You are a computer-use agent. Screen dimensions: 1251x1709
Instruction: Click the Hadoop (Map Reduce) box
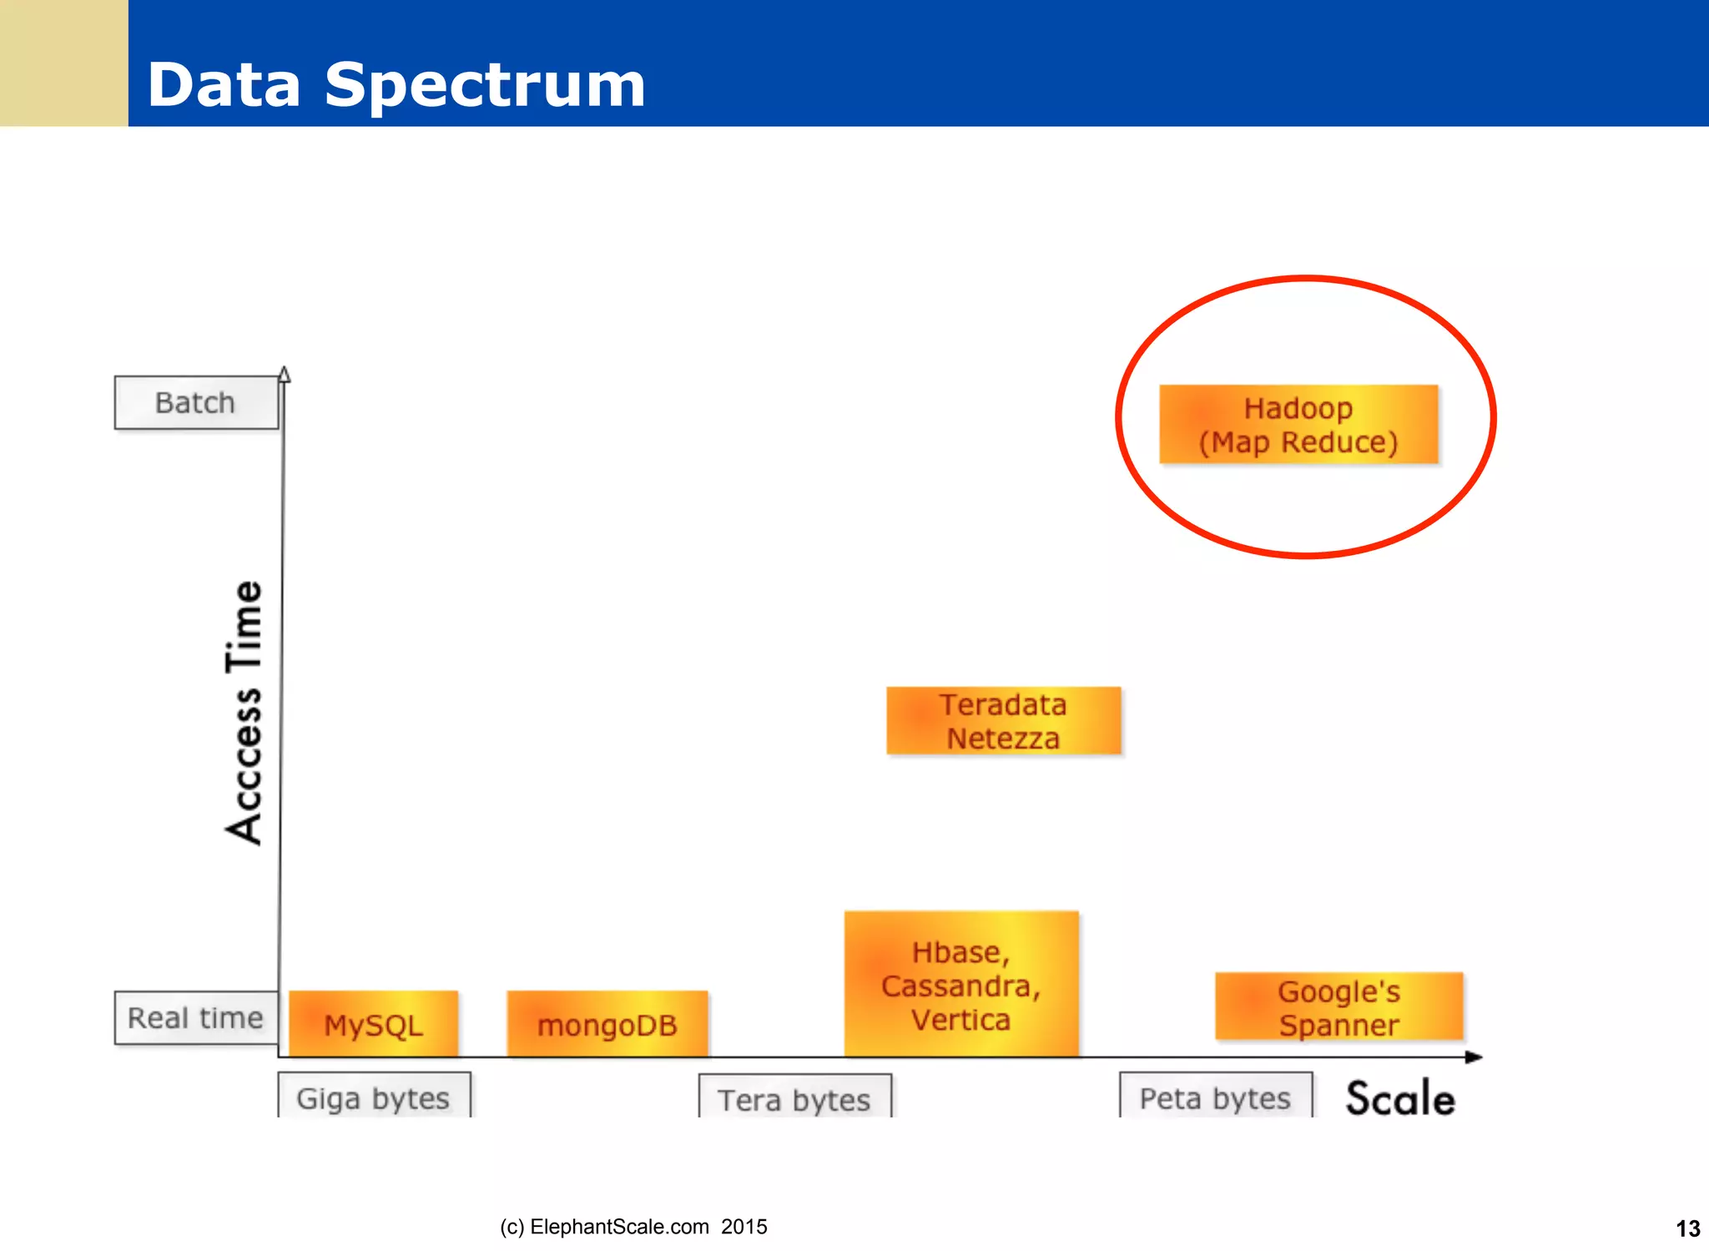1298,424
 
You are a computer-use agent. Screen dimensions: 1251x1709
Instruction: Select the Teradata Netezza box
1003,721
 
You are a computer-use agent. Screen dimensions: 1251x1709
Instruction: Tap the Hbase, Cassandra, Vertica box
961,985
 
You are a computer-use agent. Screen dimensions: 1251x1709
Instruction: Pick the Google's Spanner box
1338,1006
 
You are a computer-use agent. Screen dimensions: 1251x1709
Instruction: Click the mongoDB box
607,1024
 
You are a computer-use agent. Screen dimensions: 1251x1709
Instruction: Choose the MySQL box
373,1024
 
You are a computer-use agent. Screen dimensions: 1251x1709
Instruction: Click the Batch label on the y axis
196,403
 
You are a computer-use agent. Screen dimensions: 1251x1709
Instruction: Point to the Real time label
196,1018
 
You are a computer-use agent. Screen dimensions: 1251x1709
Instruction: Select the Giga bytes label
373,1097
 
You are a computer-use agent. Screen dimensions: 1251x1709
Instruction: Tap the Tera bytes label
794,1099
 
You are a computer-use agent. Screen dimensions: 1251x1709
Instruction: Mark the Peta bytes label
1215,1097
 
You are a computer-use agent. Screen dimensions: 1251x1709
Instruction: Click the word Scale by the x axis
1400,1098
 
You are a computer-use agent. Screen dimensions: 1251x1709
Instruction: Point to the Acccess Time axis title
245,712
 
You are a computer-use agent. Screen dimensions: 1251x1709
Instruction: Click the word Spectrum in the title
485,85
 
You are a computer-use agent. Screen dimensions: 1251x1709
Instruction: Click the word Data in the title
224,85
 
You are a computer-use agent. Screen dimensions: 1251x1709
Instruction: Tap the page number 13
1687,1228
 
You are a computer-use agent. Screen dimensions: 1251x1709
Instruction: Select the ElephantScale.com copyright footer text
633,1227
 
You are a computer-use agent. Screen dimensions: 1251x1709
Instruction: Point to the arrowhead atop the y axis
285,374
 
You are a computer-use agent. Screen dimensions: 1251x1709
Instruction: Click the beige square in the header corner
63,63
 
